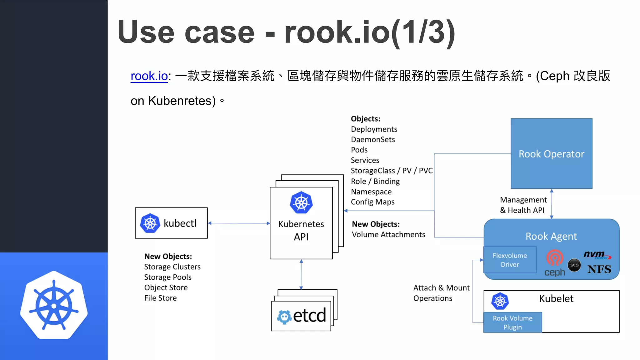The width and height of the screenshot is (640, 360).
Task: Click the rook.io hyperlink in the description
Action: pyautogui.click(x=149, y=76)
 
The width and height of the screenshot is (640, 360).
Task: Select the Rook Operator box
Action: pyautogui.click(x=551, y=153)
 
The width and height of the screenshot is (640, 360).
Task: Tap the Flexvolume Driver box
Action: pyautogui.click(x=510, y=260)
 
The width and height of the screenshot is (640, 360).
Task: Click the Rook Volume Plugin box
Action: pyautogui.click(x=512, y=322)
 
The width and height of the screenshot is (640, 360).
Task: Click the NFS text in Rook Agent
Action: pyautogui.click(x=599, y=269)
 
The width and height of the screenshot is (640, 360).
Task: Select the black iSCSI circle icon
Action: pyautogui.click(x=574, y=265)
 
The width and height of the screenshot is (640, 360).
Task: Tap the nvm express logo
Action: pyautogui.click(x=597, y=255)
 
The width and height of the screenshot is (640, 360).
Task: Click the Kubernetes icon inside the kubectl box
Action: pyautogui.click(x=150, y=223)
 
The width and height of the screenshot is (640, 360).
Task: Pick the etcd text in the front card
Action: pyautogui.click(x=309, y=316)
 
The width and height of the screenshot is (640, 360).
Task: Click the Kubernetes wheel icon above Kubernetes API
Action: pyautogui.click(x=301, y=202)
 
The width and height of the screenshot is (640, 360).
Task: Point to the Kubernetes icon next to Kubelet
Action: pyautogui.click(x=500, y=301)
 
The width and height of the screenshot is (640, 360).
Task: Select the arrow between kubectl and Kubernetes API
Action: pyautogui.click(x=239, y=223)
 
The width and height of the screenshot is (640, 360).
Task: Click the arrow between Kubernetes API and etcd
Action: pyautogui.click(x=301, y=274)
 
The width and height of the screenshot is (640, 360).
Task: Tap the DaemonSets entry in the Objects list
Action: pyautogui.click(x=373, y=139)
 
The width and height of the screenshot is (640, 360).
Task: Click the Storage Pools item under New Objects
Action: pyautogui.click(x=167, y=277)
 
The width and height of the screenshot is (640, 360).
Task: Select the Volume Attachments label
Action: pyautogui.click(x=388, y=234)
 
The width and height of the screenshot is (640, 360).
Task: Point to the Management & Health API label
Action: pyautogui.click(x=523, y=205)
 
